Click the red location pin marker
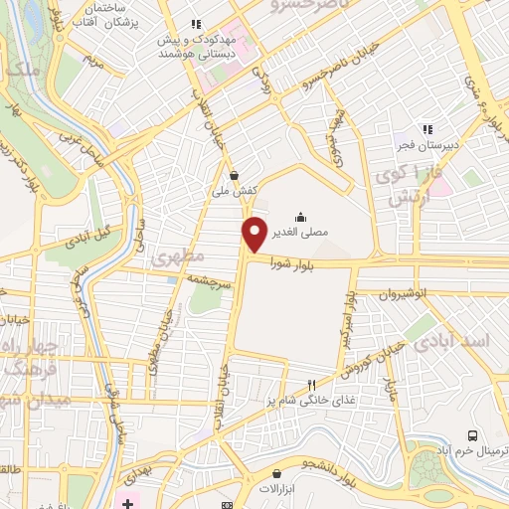[x=255, y=233]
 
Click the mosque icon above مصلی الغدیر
[x=300, y=218]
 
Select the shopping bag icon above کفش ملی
[x=234, y=174]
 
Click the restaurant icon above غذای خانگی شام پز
[x=311, y=384]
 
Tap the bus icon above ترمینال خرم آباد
[x=472, y=435]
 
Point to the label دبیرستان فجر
[x=428, y=144]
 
